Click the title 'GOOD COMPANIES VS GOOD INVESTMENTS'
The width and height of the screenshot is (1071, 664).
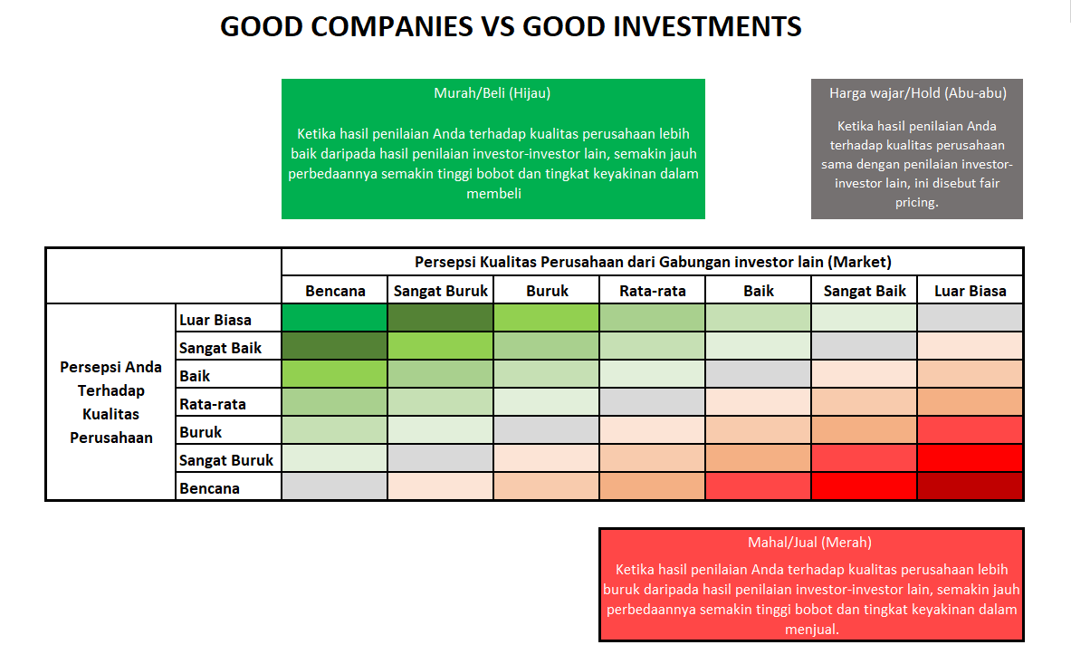point(511,27)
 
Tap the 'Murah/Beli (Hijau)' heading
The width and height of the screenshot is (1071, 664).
point(492,92)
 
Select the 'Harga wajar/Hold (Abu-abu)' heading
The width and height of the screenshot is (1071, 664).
point(917,92)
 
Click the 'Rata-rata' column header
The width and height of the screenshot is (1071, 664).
point(652,291)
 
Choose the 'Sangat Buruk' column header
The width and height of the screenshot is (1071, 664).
point(441,291)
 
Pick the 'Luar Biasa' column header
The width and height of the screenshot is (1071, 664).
point(970,291)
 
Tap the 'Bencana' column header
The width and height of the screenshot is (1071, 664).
point(335,291)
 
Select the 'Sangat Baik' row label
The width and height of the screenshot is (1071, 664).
point(220,347)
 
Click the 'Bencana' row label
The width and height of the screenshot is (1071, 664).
point(209,488)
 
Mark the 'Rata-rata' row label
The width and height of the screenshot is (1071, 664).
point(213,403)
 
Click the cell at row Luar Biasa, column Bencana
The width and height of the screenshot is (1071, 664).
point(335,319)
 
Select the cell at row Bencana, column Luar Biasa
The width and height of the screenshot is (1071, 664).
point(970,487)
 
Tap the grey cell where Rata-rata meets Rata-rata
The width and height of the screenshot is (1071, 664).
point(652,403)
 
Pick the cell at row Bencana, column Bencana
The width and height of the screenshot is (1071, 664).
point(335,487)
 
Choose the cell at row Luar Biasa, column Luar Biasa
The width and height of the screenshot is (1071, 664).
point(970,319)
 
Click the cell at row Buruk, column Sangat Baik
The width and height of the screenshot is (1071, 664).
point(865,431)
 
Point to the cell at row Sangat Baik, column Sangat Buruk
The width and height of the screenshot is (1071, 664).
point(441,347)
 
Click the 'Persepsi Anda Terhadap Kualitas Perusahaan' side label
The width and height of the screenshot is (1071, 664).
point(110,402)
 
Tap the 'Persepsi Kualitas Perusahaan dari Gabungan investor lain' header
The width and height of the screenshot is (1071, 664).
point(652,262)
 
